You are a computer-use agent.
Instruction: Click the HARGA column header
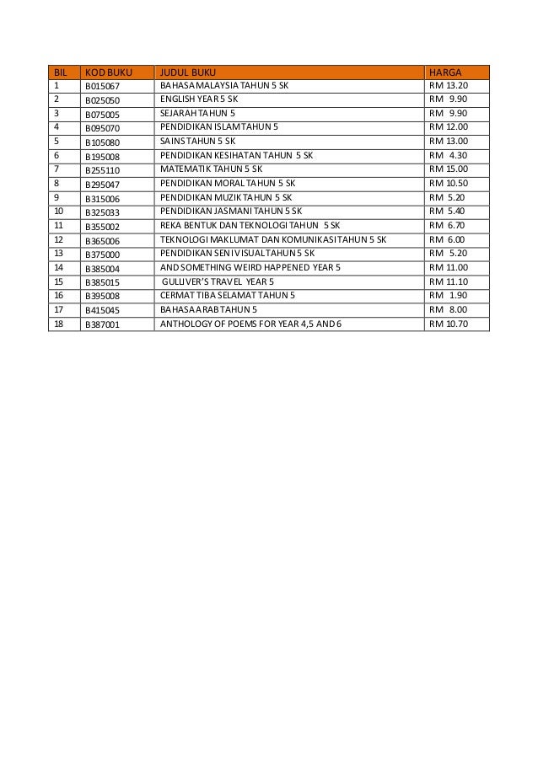[444, 71]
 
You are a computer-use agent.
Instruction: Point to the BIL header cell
[61, 71]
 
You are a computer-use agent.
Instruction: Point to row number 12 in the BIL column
[59, 239]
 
